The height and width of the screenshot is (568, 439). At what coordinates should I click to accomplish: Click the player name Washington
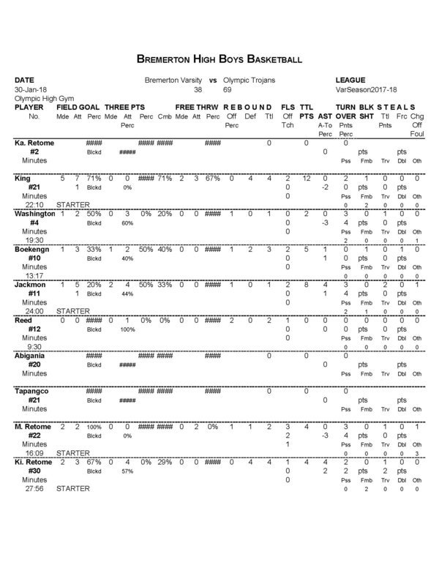coord(34,214)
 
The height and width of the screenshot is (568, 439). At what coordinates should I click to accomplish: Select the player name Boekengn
coord(31,249)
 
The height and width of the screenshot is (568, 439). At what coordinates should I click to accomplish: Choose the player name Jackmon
coord(30,284)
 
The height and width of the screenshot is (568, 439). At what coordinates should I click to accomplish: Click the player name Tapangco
coord(32,392)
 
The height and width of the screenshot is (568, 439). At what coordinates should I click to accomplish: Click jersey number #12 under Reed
coord(34,329)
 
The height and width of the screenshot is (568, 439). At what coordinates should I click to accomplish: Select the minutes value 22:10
coord(34,205)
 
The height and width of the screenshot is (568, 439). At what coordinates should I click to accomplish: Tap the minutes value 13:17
coord(34,276)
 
